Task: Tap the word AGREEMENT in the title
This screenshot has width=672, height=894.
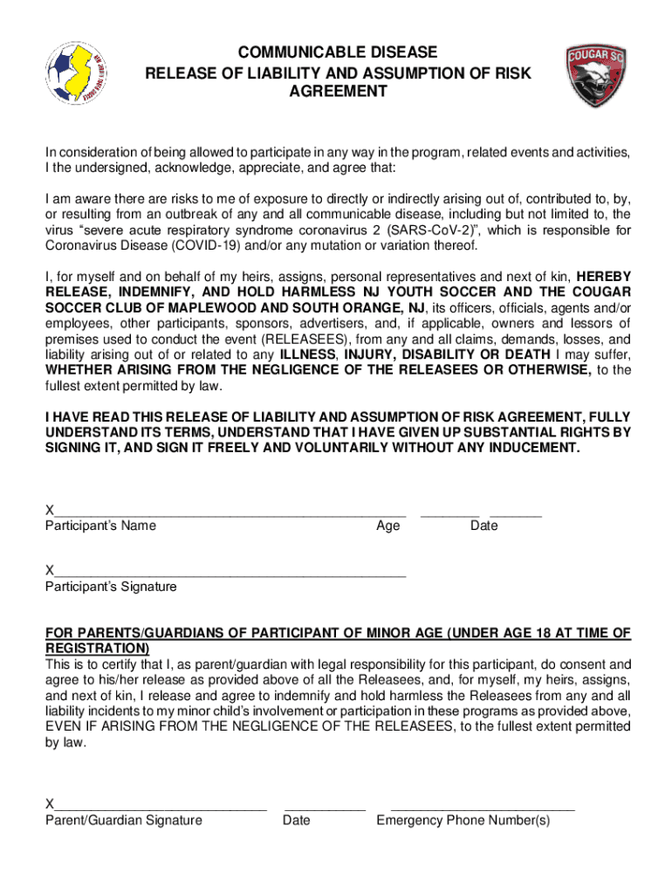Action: [x=338, y=91]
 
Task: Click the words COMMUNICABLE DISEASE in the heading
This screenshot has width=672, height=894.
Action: [x=338, y=52]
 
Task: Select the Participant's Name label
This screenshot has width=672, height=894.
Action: [x=100, y=526]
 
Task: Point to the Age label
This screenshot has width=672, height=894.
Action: [x=387, y=526]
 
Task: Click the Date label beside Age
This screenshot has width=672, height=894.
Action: [x=483, y=526]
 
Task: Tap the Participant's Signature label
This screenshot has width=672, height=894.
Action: [x=111, y=587]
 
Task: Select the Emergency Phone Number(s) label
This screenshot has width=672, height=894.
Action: [x=463, y=820]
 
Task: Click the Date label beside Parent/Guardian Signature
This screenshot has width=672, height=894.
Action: [x=296, y=820]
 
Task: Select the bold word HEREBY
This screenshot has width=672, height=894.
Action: [x=601, y=277]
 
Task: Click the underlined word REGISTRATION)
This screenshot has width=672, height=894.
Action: [x=97, y=649]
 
